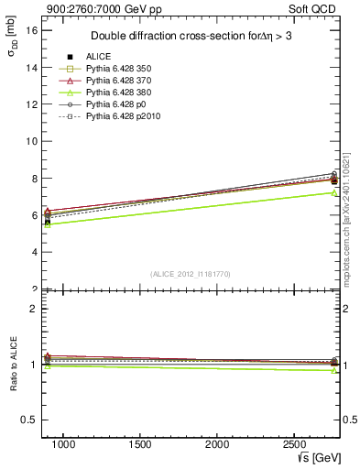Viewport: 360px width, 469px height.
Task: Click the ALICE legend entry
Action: point(99,57)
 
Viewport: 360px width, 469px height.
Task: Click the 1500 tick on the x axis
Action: point(140,444)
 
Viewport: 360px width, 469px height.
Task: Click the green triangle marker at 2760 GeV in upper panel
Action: point(334,192)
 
